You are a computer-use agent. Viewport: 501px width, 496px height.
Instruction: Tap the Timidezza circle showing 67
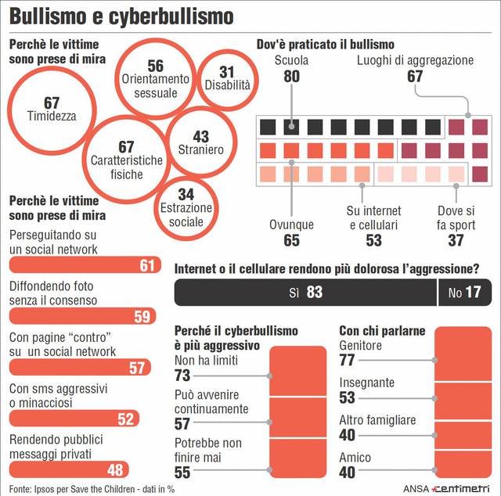point(52,110)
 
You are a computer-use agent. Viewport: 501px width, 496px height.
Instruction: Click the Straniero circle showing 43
point(200,142)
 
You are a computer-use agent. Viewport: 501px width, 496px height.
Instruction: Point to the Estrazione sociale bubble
point(186,207)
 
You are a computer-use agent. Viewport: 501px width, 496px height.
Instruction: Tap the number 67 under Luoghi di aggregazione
point(415,77)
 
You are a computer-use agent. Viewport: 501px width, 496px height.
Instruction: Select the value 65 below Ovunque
point(291,240)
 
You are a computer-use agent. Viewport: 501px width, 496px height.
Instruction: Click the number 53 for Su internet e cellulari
point(373,240)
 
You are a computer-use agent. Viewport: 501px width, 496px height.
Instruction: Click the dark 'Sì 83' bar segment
point(305,293)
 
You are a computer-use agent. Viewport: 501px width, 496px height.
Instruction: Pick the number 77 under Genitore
point(347,360)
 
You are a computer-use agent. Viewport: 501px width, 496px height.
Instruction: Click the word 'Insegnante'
point(366,383)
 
